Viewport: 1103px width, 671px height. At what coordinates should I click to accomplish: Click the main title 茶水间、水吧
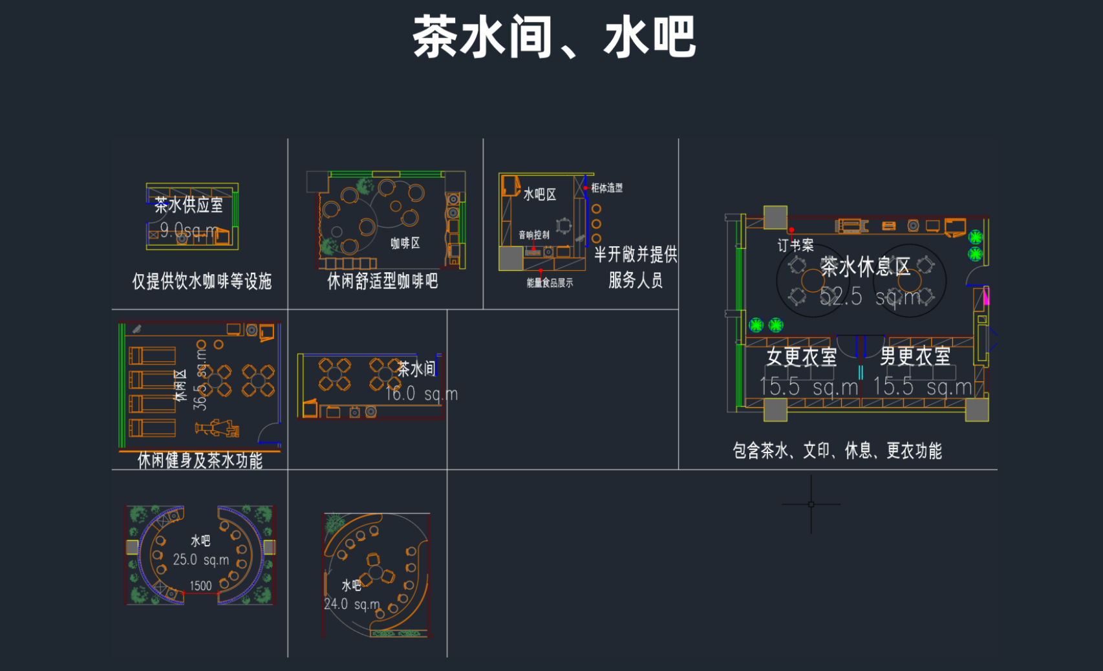(x=554, y=37)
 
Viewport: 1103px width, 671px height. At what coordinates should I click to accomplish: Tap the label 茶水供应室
(x=189, y=205)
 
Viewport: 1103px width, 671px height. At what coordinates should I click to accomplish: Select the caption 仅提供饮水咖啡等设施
(x=202, y=281)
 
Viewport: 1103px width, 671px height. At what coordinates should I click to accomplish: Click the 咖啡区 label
(x=405, y=243)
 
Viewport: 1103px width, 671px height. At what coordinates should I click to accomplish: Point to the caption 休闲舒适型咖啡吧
(x=383, y=281)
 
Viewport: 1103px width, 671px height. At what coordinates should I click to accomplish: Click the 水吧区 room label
(x=540, y=195)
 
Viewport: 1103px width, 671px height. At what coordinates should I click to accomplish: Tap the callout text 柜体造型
(x=606, y=188)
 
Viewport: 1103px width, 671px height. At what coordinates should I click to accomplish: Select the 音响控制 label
(x=534, y=235)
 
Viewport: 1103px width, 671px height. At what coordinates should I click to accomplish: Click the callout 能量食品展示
(x=550, y=282)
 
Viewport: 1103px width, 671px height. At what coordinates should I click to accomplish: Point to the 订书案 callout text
(x=795, y=245)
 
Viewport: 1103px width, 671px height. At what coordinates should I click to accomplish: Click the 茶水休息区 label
(x=865, y=266)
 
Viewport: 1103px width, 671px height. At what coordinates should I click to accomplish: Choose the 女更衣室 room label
(x=802, y=357)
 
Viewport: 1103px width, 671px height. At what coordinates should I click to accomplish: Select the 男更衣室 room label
(x=915, y=356)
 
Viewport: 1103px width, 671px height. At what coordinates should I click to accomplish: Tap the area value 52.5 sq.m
(x=870, y=297)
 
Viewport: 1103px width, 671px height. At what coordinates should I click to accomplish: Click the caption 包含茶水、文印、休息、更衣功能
(x=837, y=451)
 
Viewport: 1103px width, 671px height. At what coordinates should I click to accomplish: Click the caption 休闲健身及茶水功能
(x=200, y=460)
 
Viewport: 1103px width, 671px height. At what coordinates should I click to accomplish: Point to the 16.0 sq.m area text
(x=422, y=394)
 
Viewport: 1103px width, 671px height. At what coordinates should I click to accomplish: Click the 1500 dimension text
(x=200, y=586)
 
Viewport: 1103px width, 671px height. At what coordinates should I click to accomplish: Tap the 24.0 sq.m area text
(x=352, y=604)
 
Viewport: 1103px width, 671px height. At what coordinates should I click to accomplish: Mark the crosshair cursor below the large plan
(x=811, y=504)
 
